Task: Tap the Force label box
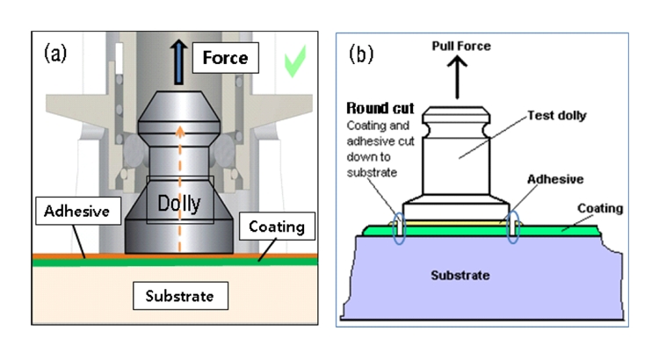(x=224, y=60)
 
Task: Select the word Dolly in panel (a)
(x=181, y=204)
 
